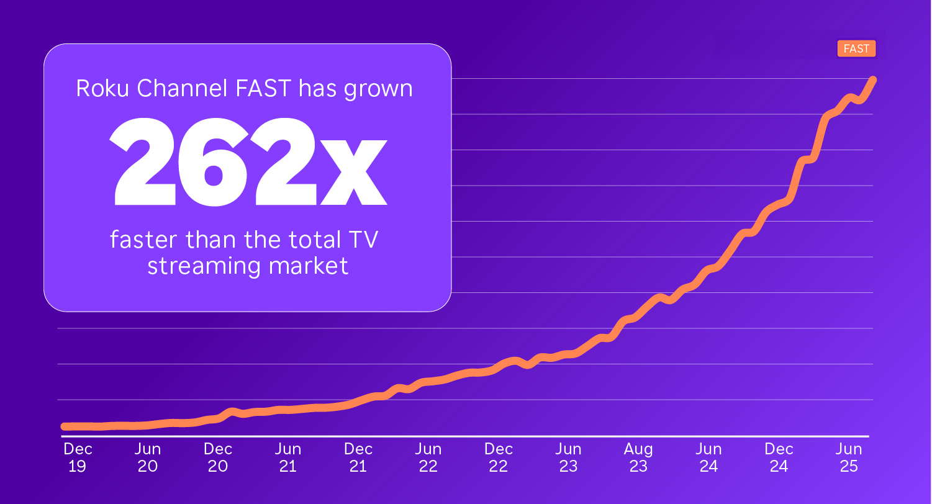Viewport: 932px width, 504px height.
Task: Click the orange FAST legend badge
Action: point(856,48)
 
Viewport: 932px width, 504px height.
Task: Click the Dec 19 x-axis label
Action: point(77,457)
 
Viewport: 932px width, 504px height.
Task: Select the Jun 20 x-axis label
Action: point(147,457)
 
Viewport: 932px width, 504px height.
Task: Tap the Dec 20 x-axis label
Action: point(217,457)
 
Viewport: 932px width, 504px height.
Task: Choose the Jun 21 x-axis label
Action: point(287,457)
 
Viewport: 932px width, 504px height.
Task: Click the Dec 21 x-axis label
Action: point(358,457)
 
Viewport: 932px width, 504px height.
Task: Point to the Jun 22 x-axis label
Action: point(428,457)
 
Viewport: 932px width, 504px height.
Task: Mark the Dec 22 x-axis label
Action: point(498,457)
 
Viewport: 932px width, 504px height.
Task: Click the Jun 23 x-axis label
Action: point(568,457)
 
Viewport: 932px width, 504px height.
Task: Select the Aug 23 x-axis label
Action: point(638,457)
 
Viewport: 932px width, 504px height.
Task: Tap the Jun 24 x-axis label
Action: point(708,457)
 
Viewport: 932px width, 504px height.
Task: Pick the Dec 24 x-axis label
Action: point(779,457)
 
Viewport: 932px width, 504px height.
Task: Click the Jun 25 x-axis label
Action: point(849,457)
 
